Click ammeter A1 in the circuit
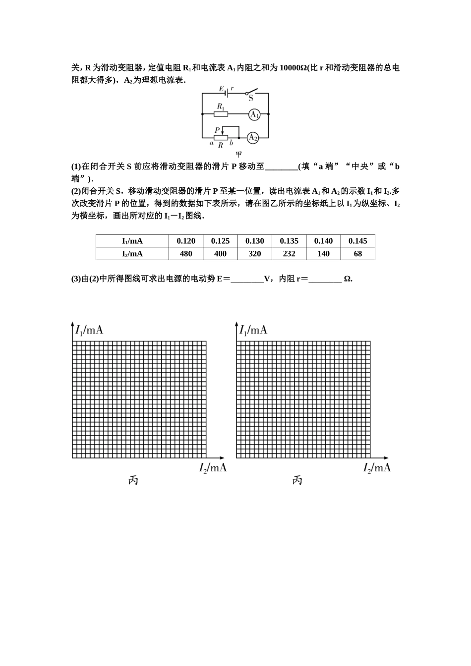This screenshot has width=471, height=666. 254,114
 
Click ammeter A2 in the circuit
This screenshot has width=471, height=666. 253,137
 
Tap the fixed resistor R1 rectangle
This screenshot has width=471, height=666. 221,114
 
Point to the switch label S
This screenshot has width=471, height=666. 251,99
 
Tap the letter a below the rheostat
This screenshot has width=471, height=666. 211,143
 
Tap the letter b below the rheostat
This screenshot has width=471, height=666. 231,143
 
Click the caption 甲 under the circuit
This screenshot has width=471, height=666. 238,154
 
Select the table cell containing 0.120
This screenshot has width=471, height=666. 186,241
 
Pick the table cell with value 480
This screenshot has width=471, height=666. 186,254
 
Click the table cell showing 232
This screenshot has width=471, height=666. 289,254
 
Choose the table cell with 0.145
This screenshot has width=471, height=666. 357,241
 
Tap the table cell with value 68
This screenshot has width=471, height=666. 357,254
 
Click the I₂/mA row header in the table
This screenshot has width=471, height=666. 132,254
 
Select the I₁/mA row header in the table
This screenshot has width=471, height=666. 132,241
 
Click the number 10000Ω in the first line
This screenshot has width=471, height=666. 293,68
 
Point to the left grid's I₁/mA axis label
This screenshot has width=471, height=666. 89,330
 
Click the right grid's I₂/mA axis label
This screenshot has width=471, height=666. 377,467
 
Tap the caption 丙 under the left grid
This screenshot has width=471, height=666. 133,480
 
